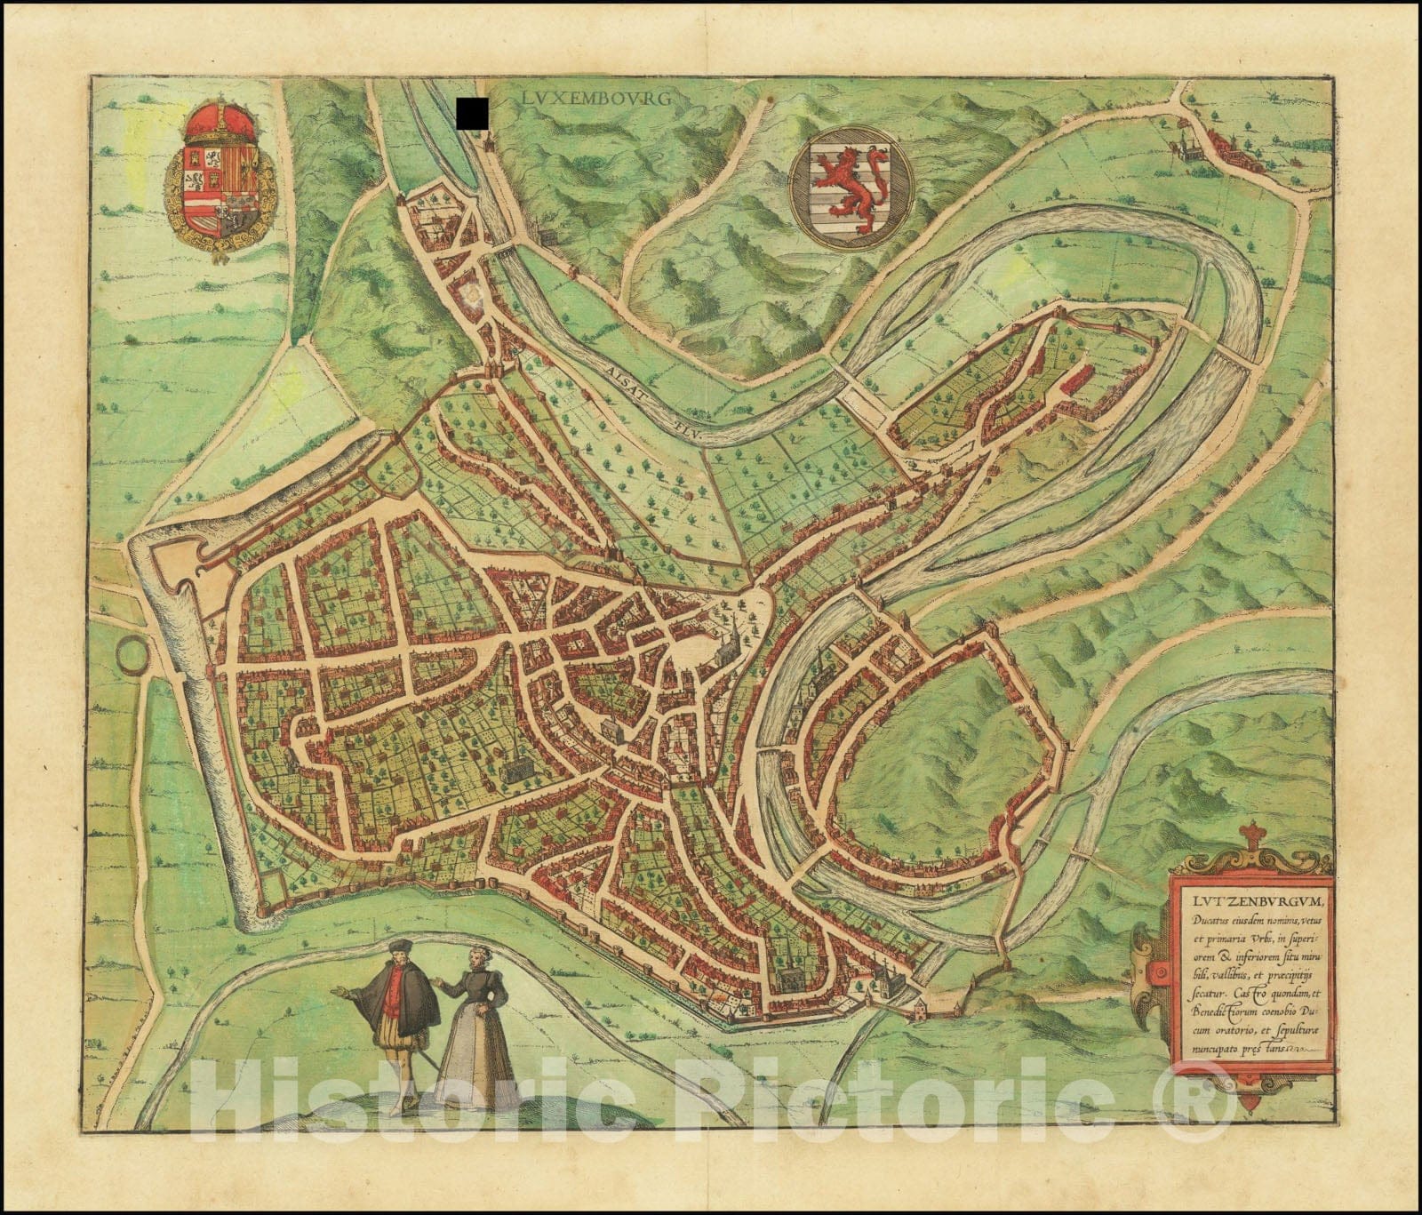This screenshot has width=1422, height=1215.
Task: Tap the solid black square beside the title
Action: tap(473, 111)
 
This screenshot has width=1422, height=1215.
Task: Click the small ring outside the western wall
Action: tap(131, 652)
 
